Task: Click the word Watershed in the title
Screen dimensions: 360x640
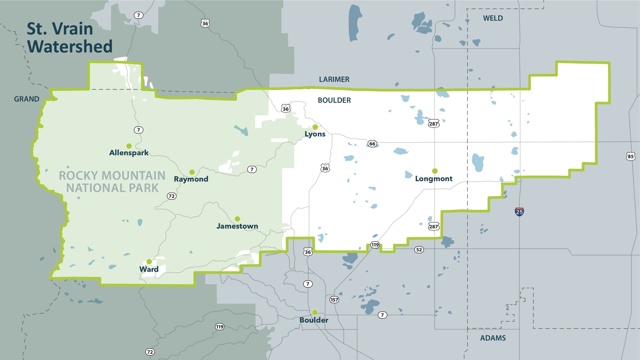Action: click(x=70, y=46)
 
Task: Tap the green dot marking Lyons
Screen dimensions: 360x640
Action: click(x=315, y=127)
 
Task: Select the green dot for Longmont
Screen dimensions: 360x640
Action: click(x=435, y=171)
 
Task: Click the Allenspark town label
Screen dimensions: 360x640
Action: click(x=129, y=153)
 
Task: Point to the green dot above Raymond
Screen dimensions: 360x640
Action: click(x=192, y=172)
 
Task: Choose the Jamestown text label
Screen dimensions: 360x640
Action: click(x=237, y=226)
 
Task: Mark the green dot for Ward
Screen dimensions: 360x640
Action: click(x=149, y=262)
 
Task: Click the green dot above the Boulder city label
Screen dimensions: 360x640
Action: click(x=315, y=312)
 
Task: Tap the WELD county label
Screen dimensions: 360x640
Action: click(x=493, y=18)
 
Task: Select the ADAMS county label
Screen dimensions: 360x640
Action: click(x=493, y=338)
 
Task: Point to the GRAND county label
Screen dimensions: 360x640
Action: click(x=27, y=99)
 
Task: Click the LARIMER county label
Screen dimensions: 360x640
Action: click(x=334, y=79)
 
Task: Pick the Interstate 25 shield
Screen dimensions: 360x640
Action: click(x=519, y=212)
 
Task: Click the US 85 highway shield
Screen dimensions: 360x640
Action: click(x=630, y=156)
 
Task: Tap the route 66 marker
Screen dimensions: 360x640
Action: click(x=372, y=144)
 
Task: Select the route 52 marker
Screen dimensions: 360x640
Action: click(x=419, y=250)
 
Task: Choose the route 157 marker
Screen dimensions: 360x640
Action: click(x=334, y=300)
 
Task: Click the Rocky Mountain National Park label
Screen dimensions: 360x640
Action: click(x=112, y=182)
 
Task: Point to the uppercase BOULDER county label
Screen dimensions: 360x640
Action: click(x=334, y=100)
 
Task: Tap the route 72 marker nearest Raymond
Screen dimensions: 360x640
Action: click(x=172, y=196)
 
